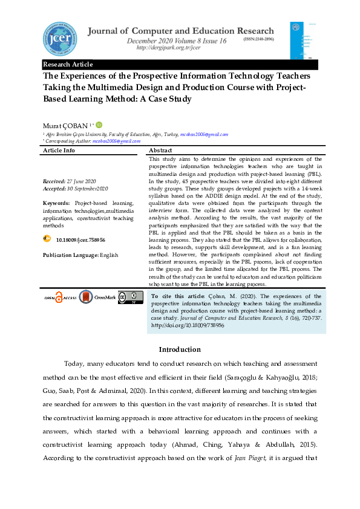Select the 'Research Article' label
pyautogui.click(x=68, y=64)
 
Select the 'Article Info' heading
pyautogui.click(x=59, y=151)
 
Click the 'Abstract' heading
pyautogui.click(x=160, y=151)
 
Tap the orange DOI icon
pyautogui.click(x=47, y=239)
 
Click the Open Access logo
pyautogui.click(x=60, y=297)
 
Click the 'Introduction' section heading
pyautogui.click(x=179, y=349)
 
